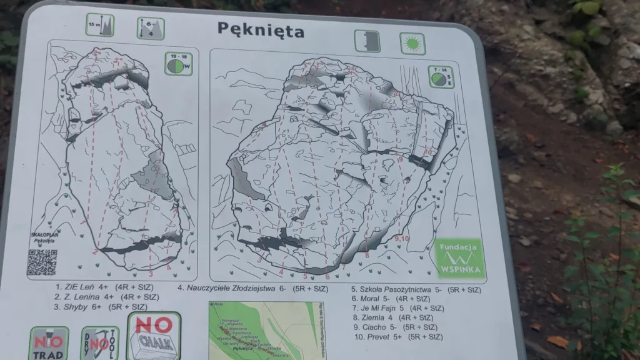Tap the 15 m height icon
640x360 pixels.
tap(100, 26)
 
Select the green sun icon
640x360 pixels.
tap(411, 43)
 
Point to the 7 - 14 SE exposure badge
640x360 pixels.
tap(442, 77)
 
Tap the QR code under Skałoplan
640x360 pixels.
tap(42, 262)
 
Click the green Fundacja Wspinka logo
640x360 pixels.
tap(459, 257)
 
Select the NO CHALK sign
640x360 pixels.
tap(153, 335)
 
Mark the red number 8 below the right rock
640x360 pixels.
tap(367, 255)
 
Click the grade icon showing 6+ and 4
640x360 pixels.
tap(151, 28)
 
